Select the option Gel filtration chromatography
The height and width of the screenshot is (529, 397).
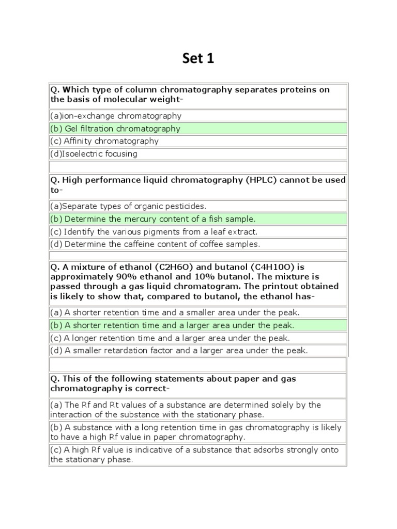(115, 129)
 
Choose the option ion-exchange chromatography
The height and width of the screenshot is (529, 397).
(116, 116)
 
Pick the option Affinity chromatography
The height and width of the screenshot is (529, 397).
(104, 141)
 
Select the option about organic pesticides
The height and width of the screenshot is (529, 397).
(128, 206)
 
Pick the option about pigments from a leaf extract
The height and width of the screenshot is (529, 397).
(154, 232)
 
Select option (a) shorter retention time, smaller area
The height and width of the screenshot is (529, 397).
(175, 313)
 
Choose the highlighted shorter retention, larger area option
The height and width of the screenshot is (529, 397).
(172, 325)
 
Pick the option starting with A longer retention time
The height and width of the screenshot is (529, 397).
(170, 338)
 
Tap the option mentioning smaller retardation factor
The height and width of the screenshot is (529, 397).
(179, 351)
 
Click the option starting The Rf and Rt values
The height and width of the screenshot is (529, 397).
(186, 410)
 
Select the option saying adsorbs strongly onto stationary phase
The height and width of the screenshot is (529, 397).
(194, 455)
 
